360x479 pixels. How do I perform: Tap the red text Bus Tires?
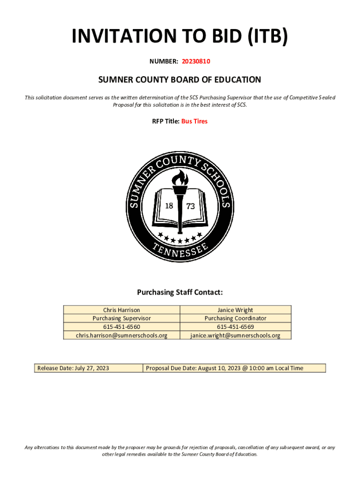coord(194,121)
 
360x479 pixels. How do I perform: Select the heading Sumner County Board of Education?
coord(180,80)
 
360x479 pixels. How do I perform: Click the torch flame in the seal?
coord(180,178)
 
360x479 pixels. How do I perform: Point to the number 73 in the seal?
coord(191,206)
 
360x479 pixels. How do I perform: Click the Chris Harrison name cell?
coord(122,310)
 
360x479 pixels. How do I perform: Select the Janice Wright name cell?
coord(235,310)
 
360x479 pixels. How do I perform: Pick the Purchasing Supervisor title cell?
coord(122,318)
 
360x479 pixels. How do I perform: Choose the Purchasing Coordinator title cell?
coord(235,318)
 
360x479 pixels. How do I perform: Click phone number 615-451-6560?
coord(122,327)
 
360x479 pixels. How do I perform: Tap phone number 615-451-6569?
coord(235,327)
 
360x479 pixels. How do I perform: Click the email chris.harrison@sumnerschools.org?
coord(122,335)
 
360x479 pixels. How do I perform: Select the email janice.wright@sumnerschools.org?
coord(235,335)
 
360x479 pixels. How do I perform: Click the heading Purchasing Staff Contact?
coord(180,293)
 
